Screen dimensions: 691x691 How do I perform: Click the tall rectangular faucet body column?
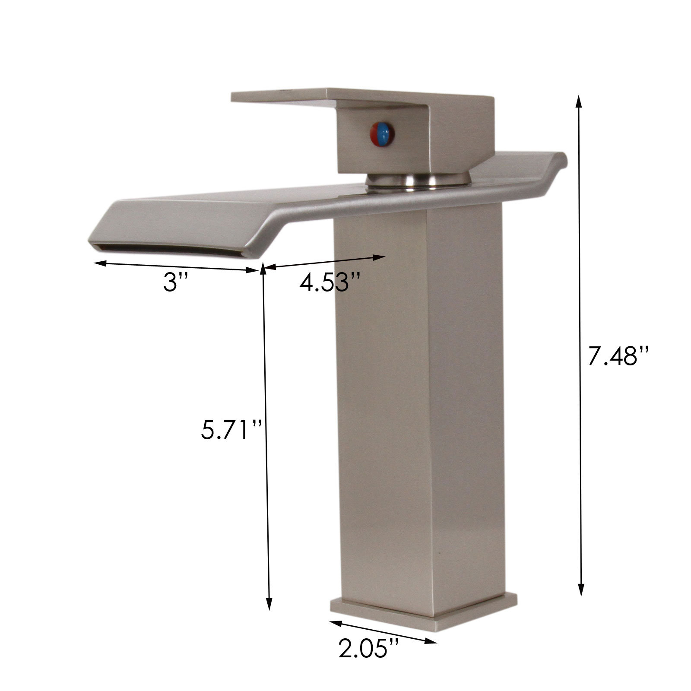(x=421, y=410)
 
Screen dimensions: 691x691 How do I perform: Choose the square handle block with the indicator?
(x=384, y=138)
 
